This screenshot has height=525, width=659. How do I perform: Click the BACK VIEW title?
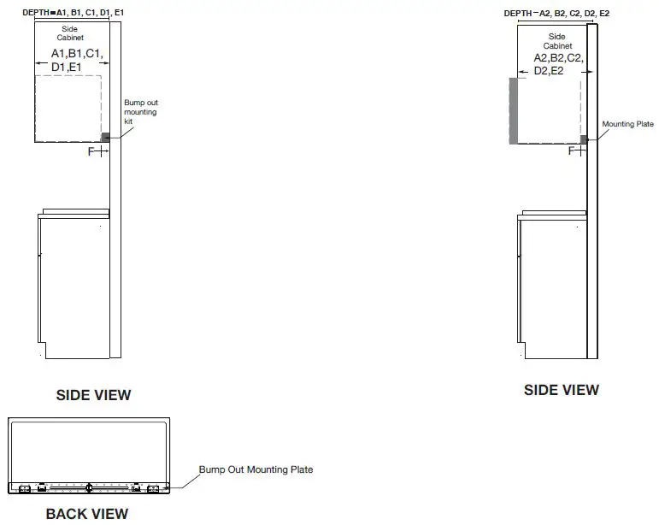tap(87, 514)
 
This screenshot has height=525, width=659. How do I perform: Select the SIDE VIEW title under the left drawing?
tap(94, 395)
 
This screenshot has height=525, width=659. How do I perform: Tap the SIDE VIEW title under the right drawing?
tap(562, 390)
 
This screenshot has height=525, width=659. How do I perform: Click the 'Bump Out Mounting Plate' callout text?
tap(256, 469)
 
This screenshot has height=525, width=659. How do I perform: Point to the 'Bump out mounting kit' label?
tap(141, 112)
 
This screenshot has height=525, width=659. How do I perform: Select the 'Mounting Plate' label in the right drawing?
tap(628, 124)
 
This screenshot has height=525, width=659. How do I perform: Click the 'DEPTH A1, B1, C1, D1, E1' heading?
tap(74, 13)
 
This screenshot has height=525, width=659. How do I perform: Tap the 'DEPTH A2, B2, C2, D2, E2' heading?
tap(556, 14)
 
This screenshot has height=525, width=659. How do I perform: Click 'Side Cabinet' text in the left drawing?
tap(70, 33)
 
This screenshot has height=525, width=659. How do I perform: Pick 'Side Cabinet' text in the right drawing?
tap(557, 41)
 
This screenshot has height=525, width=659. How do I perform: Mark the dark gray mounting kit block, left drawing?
tap(105, 138)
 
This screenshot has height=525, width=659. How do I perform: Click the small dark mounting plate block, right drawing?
tap(583, 139)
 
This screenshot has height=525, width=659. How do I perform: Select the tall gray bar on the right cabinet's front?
tap(513, 111)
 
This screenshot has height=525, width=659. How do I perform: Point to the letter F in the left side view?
tap(91, 151)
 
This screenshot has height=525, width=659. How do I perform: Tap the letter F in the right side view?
tap(572, 150)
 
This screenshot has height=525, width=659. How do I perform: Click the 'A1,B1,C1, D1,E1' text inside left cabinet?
tap(77, 60)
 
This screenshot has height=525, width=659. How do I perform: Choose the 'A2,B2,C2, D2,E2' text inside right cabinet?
tap(558, 64)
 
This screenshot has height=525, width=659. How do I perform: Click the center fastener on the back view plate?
tap(89, 487)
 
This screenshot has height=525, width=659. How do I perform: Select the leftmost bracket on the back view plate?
tap(25, 489)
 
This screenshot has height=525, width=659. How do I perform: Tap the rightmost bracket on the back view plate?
tap(153, 489)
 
